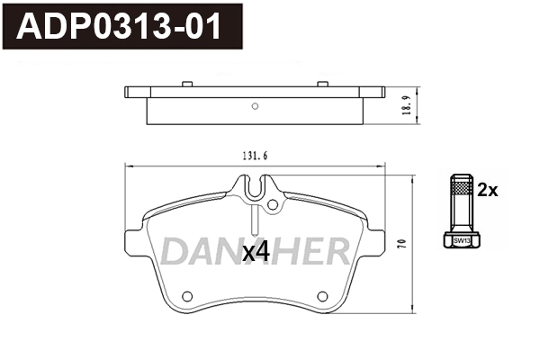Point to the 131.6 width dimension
[256, 156]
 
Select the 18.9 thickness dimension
[407, 105]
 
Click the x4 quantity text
[256, 254]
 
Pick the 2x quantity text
[487, 190]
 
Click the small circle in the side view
[255, 106]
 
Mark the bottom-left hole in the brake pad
[187, 295]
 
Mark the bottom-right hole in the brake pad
[322, 295]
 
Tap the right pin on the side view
[321, 85]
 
